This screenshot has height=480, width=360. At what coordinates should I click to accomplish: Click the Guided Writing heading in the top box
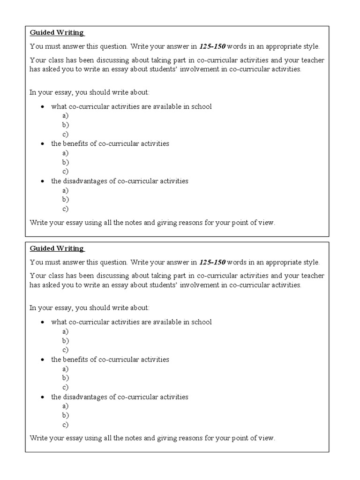pos(57,33)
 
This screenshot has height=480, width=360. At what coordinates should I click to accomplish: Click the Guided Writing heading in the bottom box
pos(57,248)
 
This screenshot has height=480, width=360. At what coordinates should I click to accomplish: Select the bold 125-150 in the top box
pos(212,46)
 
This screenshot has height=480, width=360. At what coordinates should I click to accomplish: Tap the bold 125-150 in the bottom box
pos(212,262)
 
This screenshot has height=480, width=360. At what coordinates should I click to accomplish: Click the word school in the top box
pos(201,106)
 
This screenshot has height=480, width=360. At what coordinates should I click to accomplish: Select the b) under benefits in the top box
pos(66,162)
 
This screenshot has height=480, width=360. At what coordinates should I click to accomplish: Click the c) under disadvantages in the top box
pos(66,209)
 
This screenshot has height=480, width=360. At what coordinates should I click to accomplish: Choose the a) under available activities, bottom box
pos(66,331)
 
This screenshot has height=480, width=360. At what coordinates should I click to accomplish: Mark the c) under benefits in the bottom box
pos(66,387)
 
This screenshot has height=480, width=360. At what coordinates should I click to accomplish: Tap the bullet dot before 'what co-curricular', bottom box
pos(43,322)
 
